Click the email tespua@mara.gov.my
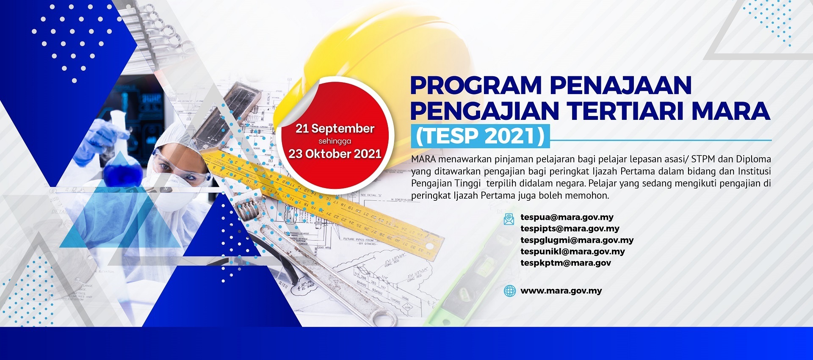pyautogui.click(x=567, y=217)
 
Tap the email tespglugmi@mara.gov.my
pyautogui.click(x=577, y=240)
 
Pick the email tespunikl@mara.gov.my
pyautogui.click(x=572, y=252)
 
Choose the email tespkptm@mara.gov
pyautogui.click(x=566, y=263)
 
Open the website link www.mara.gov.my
pyautogui.click(x=561, y=291)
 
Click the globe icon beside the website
pyautogui.click(x=510, y=291)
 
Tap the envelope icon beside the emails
pyautogui.click(x=509, y=219)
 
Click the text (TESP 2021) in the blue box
pyautogui.click(x=480, y=136)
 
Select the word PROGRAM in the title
pyautogui.click(x=476, y=86)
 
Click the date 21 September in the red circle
pyautogui.click(x=335, y=128)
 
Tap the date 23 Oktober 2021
pyautogui.click(x=335, y=154)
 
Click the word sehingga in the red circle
pyautogui.click(x=335, y=141)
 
